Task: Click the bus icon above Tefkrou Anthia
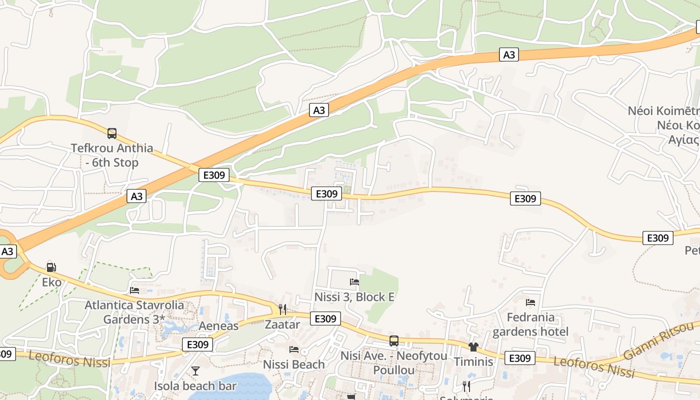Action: pos(112,133)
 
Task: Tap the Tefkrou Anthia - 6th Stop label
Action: pos(112,155)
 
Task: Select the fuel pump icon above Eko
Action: pos(51,267)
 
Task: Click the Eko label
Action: pos(51,282)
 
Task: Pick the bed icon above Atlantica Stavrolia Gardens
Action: pos(134,290)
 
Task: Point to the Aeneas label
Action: pos(218,326)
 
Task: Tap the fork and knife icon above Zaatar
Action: pos(282,309)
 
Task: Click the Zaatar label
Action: pos(282,324)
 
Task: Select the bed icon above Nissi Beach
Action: pos(294,349)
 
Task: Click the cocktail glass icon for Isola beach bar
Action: pos(195,371)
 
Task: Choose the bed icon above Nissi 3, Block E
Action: pos(354,282)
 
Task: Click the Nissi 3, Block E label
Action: pos(354,297)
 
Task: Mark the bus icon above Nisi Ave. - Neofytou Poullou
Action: pos(394,341)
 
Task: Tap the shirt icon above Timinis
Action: pos(473,346)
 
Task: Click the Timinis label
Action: pos(473,361)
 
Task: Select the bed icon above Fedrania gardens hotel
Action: pos(530,302)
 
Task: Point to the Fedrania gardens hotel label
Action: pos(530,324)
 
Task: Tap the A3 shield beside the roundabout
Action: pos(7,251)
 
